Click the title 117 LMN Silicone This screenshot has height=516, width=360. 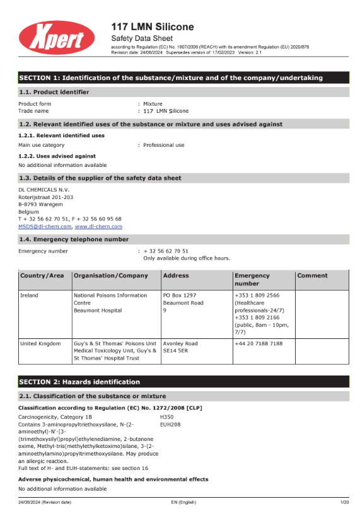click(152, 26)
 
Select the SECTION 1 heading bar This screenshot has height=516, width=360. click(171, 77)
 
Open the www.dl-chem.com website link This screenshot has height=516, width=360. click(98, 226)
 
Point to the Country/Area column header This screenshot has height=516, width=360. click(42, 275)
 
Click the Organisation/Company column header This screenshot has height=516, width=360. click(111, 275)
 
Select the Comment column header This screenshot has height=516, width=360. click(313, 275)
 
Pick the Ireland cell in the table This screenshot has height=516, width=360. click(30, 295)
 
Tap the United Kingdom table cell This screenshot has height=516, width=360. click(40, 343)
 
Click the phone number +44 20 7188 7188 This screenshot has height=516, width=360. click(258, 343)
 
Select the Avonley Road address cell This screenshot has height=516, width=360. click(180, 343)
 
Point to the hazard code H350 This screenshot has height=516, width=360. click(167, 416)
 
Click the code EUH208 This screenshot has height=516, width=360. click(170, 424)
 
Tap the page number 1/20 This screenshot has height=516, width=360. click(344, 502)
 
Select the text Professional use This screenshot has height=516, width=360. click(164, 145)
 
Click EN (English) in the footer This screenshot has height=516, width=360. click(183, 502)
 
